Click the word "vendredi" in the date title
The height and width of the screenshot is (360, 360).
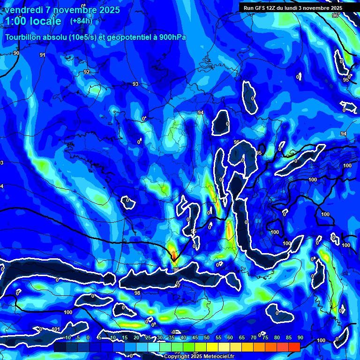(23, 10)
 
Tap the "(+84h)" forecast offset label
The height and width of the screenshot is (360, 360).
(81, 21)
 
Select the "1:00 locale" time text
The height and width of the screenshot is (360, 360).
(33, 21)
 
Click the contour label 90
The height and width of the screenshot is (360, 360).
(16, 53)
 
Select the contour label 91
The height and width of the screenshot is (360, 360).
(43, 55)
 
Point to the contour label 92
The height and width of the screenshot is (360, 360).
(87, 72)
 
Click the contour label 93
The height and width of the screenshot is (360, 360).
(135, 84)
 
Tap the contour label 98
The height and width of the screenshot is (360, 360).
(137, 293)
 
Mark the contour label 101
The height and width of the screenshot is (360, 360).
(56, 329)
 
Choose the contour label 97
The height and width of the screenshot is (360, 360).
(177, 285)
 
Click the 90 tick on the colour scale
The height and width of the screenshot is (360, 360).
(300, 337)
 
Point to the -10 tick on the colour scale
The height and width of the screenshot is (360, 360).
(66, 337)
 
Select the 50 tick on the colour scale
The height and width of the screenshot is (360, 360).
(207, 337)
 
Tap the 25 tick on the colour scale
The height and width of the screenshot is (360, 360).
(148, 337)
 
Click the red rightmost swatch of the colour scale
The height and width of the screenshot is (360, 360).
(294, 347)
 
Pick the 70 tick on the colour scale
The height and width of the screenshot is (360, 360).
(254, 337)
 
